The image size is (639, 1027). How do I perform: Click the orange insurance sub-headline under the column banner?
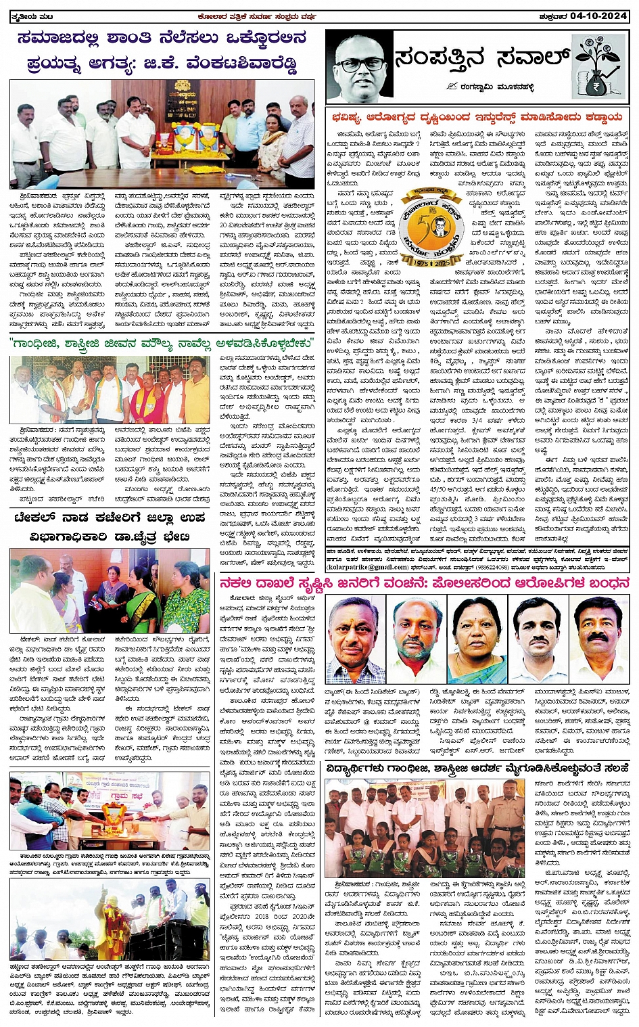click(477, 117)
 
